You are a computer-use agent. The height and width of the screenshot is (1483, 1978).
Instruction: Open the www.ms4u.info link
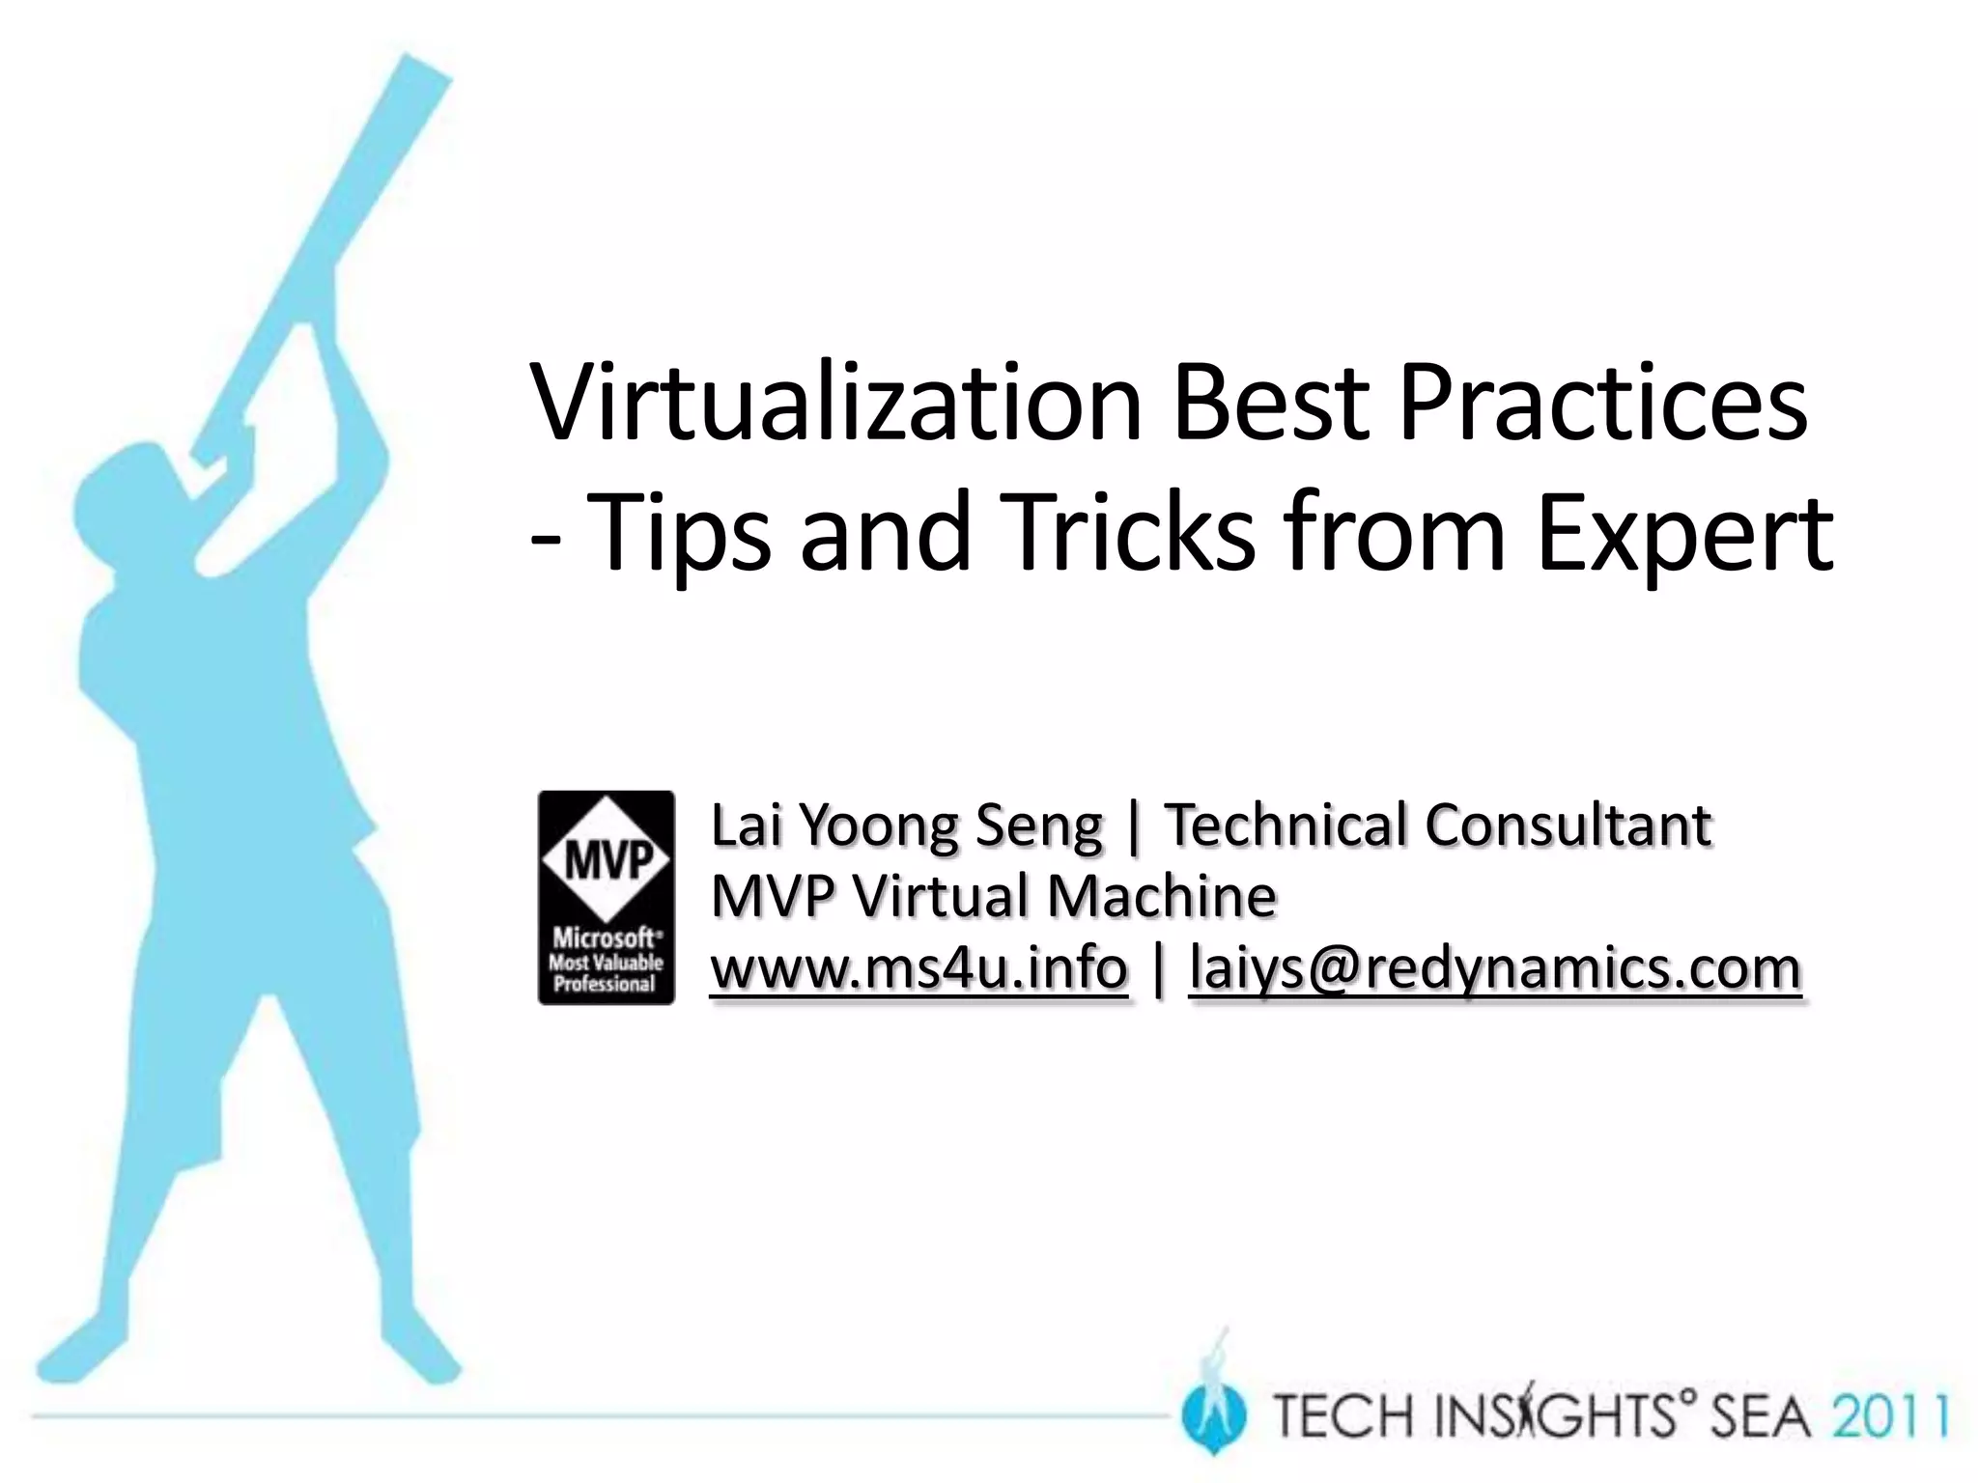[x=918, y=966]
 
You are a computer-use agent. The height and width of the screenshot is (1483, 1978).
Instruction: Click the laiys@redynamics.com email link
[x=1495, y=966]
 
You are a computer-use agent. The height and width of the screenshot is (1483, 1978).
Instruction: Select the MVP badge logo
[x=606, y=897]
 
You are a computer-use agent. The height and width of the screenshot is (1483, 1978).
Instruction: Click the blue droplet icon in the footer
[x=1213, y=1415]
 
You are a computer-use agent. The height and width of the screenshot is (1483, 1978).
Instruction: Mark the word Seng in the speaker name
[x=1038, y=825]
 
